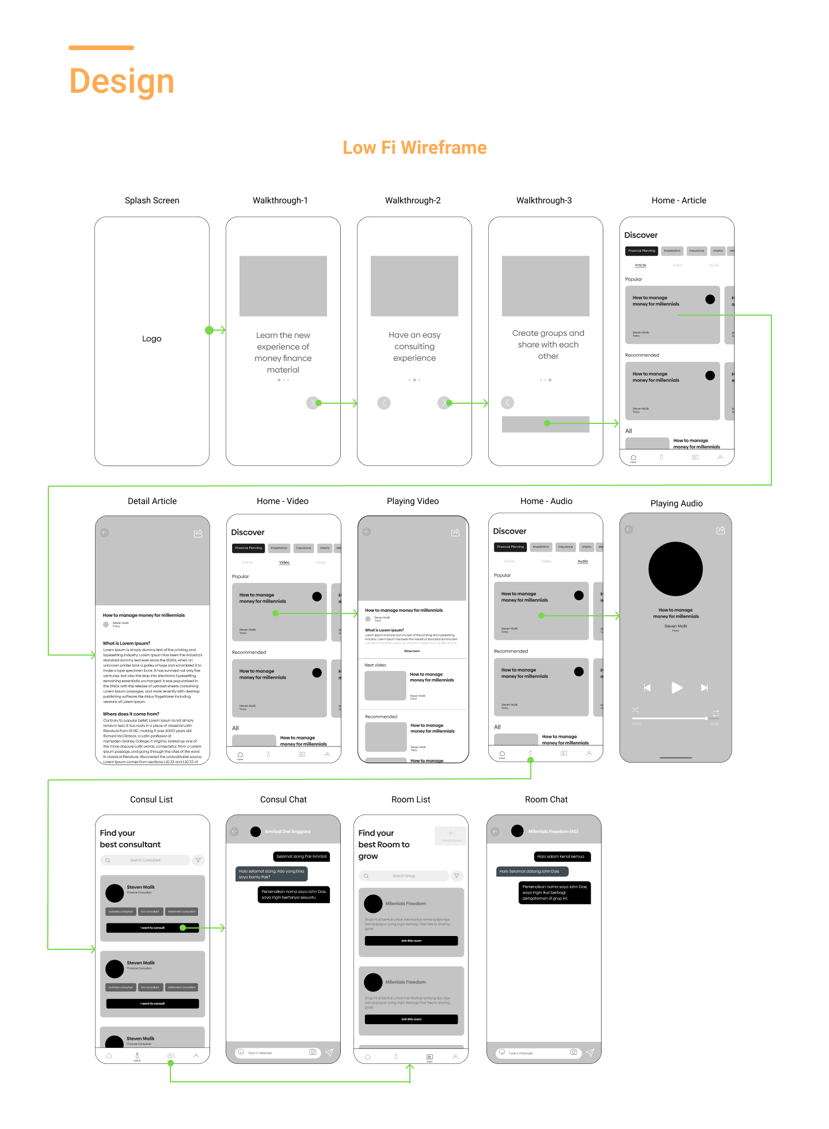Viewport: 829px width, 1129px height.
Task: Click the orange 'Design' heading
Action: click(x=121, y=81)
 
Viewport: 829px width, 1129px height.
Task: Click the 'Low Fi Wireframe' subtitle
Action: click(x=414, y=148)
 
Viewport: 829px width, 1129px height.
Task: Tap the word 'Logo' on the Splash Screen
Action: click(x=152, y=339)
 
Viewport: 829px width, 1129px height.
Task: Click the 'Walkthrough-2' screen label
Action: click(x=413, y=200)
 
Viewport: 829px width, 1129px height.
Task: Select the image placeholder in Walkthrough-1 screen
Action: click(x=283, y=286)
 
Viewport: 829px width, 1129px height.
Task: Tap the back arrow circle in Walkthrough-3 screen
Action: click(x=507, y=403)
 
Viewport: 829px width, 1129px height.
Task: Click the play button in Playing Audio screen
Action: click(x=676, y=688)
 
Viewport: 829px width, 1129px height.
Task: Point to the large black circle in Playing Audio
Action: click(x=675, y=569)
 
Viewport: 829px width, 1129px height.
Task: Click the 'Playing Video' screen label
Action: click(x=413, y=501)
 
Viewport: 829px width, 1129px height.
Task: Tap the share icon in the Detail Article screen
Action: click(x=198, y=533)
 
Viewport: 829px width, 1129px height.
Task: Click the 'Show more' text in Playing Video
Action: click(x=412, y=651)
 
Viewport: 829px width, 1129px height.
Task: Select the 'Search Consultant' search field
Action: click(x=145, y=860)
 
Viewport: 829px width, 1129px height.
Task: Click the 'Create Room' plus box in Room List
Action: click(x=450, y=835)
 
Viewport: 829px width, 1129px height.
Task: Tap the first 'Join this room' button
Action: click(x=411, y=941)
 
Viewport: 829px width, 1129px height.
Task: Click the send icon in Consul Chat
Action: click(x=329, y=1052)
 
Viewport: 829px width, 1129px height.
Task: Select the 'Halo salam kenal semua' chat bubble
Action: click(x=560, y=857)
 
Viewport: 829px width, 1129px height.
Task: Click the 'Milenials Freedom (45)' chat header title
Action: click(x=553, y=831)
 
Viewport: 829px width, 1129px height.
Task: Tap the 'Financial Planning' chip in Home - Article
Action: click(x=641, y=251)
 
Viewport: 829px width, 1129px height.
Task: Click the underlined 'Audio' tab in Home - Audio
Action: click(x=583, y=561)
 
